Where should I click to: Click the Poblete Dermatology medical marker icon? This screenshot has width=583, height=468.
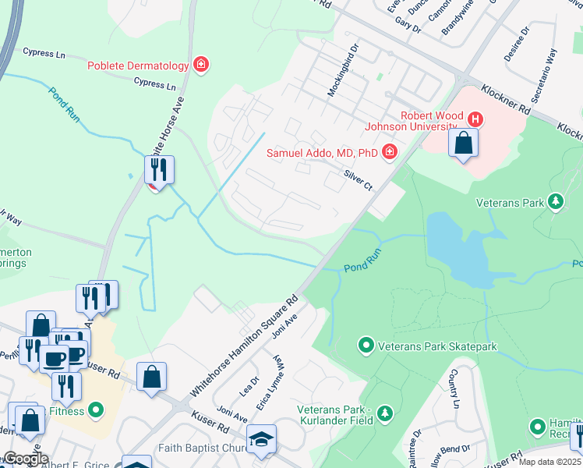click(201, 65)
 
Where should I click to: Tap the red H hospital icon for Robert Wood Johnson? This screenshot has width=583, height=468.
click(475, 119)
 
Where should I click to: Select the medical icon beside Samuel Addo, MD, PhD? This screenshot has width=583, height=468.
click(388, 151)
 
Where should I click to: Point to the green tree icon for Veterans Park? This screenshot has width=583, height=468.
click(555, 202)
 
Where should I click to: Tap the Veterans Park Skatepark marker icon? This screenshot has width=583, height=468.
click(365, 344)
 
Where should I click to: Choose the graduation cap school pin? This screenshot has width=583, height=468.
click(261, 438)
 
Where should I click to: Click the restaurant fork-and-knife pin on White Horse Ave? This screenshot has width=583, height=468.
click(159, 169)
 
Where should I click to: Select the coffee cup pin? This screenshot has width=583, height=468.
click(54, 358)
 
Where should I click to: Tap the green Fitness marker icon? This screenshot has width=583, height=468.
click(95, 409)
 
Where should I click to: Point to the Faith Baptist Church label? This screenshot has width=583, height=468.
click(200, 448)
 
